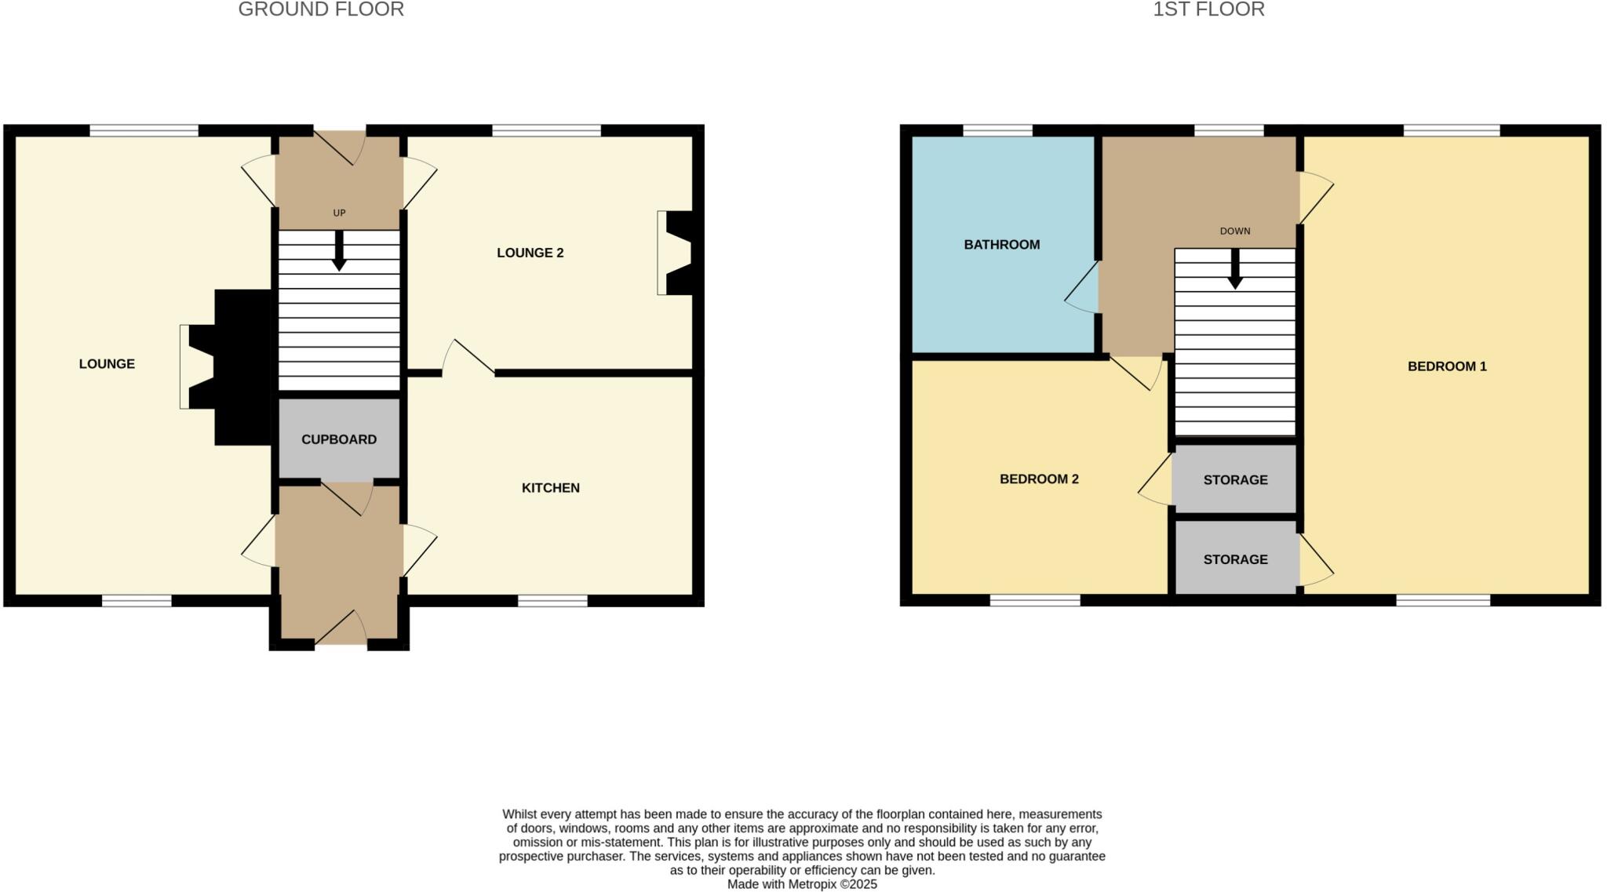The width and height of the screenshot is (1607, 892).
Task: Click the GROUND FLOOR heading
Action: click(x=321, y=10)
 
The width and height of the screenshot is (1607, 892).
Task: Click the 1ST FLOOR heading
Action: click(x=1208, y=10)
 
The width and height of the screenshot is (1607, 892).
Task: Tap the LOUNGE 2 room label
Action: click(x=530, y=253)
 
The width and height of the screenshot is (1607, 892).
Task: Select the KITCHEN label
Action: click(x=550, y=488)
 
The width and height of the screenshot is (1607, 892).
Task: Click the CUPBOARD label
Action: click(x=339, y=439)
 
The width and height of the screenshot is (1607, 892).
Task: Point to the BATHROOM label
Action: click(x=1001, y=245)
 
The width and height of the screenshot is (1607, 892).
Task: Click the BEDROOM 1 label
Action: click(x=1446, y=366)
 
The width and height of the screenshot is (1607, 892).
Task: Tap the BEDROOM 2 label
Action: click(x=1038, y=479)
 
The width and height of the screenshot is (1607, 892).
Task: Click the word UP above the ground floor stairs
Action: click(x=339, y=213)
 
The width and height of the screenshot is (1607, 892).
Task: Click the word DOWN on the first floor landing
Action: click(x=1234, y=231)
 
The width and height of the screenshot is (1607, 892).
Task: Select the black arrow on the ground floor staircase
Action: click(x=339, y=251)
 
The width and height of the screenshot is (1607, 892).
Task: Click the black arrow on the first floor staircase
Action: click(x=1234, y=269)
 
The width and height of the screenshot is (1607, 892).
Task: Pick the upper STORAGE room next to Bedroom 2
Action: click(x=1235, y=479)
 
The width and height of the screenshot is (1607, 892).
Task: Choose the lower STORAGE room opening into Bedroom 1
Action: click(x=1235, y=559)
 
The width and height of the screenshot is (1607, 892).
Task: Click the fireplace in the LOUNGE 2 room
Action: click(x=675, y=253)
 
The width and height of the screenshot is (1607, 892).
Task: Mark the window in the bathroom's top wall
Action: click(x=997, y=130)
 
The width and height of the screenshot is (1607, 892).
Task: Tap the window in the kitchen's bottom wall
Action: click(x=552, y=601)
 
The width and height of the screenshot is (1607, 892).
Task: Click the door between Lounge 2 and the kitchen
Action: click(x=468, y=358)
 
